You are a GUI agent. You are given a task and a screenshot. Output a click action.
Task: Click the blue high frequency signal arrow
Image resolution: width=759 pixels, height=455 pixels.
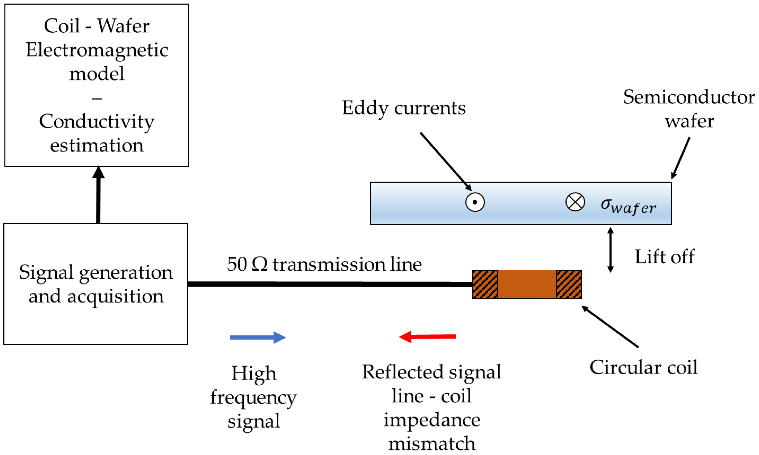pyautogui.click(x=258, y=337)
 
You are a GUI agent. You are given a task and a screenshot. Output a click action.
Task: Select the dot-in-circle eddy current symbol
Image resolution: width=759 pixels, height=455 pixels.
pyautogui.click(x=475, y=202)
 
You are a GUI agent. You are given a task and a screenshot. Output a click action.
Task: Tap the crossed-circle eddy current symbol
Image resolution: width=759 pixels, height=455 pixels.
pyautogui.click(x=575, y=202)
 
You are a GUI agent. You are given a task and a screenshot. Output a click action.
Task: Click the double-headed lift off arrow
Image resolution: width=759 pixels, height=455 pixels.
pyautogui.click(x=610, y=250)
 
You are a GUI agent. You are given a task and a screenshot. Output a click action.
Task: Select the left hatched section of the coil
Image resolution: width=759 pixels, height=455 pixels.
pyautogui.click(x=485, y=284)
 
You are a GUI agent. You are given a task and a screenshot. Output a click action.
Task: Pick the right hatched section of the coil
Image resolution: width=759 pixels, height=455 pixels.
pyautogui.click(x=569, y=284)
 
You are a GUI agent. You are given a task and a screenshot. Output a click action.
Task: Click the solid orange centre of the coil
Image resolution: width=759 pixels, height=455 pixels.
pyautogui.click(x=527, y=284)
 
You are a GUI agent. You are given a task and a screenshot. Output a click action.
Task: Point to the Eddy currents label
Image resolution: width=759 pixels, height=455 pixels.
pyautogui.click(x=404, y=108)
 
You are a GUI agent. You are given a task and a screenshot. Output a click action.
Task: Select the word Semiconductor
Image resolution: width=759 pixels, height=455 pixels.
pyautogui.click(x=689, y=97)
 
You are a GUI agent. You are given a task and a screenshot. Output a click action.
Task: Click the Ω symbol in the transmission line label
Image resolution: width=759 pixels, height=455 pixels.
pyautogui.click(x=259, y=264)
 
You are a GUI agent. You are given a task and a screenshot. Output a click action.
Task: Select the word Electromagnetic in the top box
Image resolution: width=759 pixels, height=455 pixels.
pyautogui.click(x=97, y=50)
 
